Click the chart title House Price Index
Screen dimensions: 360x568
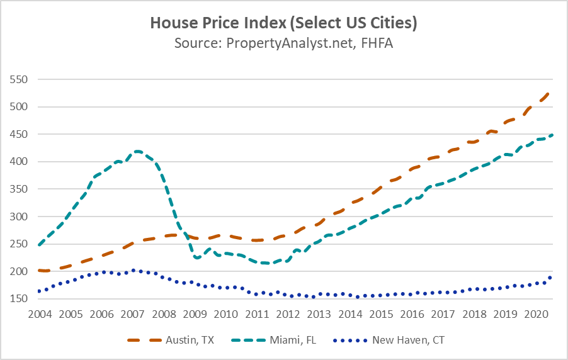tap(283, 24)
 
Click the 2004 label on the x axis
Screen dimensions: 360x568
tap(39, 313)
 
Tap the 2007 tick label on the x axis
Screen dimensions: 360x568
tap(132, 313)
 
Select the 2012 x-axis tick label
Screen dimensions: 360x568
tap(287, 313)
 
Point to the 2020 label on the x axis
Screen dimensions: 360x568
tap(535, 313)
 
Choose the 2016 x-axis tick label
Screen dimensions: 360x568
tap(411, 313)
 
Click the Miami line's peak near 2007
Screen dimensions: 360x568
tap(137, 151)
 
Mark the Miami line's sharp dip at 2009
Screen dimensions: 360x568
tap(197, 257)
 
